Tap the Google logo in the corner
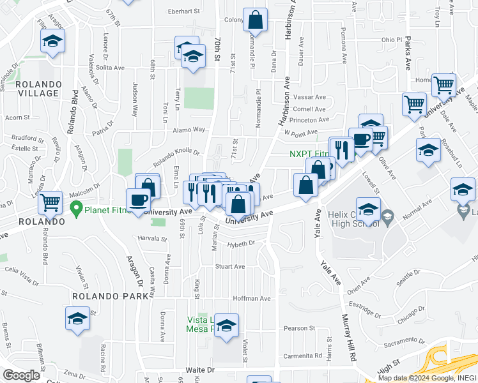point(21,375)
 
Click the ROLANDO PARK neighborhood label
point(103,296)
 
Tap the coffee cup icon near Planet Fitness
point(138,200)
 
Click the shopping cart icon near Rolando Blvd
point(50,202)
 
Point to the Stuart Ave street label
point(230,267)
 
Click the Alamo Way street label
point(190,130)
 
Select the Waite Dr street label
point(200,370)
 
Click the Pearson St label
point(296,328)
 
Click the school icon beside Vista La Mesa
point(226,325)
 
